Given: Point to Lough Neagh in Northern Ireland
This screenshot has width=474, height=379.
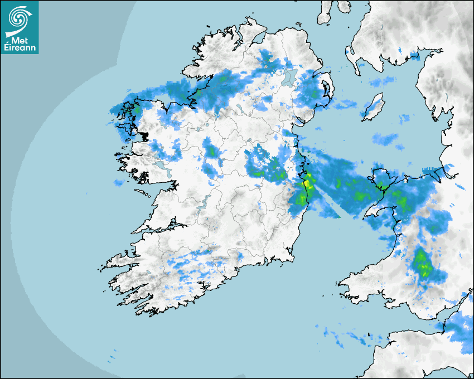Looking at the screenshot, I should [x=288, y=76].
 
